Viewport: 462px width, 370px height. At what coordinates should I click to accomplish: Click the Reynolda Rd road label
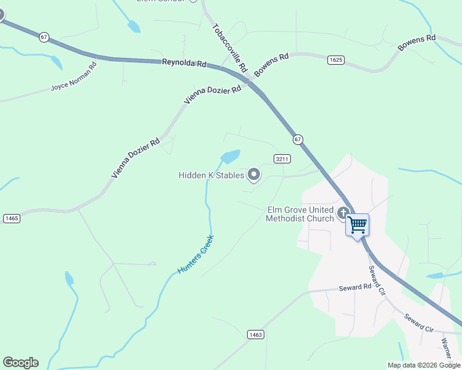point(184,63)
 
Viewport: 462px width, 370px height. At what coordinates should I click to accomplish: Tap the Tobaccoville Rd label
point(229,47)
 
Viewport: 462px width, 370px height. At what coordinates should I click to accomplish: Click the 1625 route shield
point(335,60)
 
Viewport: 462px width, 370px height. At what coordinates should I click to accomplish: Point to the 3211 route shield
point(282,159)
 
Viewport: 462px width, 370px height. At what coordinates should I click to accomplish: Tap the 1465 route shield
point(11,218)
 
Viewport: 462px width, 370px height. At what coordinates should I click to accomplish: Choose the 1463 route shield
point(256,334)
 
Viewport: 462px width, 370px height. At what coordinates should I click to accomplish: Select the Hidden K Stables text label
point(211,176)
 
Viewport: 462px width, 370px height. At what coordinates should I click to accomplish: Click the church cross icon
point(344,213)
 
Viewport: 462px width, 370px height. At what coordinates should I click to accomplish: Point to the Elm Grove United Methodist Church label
point(300,214)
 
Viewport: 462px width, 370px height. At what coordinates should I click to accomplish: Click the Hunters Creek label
point(195,255)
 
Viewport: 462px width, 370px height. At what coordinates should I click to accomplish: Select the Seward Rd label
point(355,288)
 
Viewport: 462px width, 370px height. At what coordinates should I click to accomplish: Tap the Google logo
point(20,363)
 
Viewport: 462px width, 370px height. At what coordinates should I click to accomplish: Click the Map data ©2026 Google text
point(424,365)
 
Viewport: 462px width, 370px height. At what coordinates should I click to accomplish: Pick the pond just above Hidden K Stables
point(230,157)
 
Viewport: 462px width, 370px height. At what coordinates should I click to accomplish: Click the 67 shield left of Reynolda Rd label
point(43,37)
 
